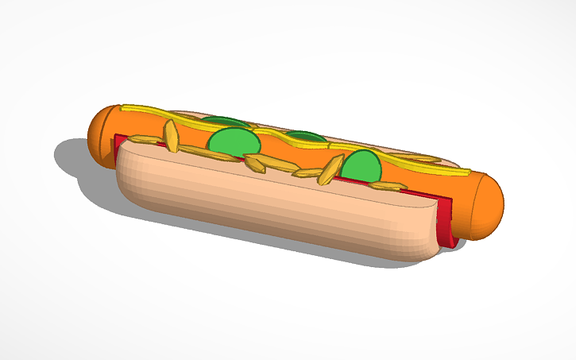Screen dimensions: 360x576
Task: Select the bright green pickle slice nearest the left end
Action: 233,141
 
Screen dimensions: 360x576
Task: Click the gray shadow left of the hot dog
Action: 75,159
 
